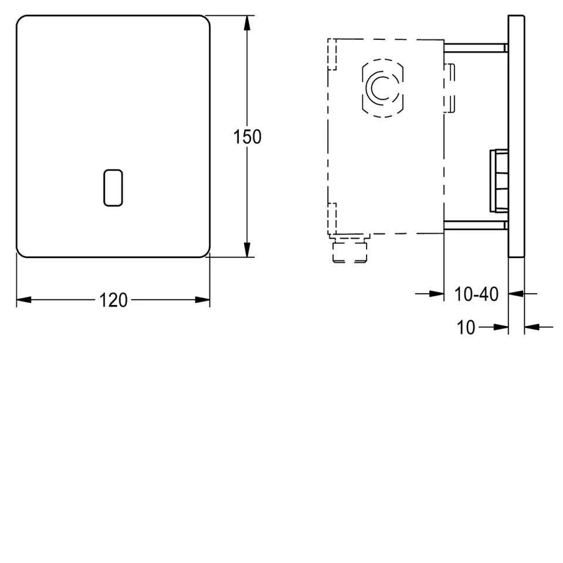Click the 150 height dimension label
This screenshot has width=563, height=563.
tap(247, 137)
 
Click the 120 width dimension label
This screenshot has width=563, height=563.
tap(113, 300)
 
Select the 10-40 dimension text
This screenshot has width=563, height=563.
tap(476, 294)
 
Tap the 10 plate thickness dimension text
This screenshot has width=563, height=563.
tap(466, 327)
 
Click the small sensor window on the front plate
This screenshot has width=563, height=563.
tap(113, 188)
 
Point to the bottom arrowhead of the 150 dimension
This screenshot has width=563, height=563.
tap(247, 249)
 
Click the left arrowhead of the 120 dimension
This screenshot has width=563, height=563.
tap(24, 300)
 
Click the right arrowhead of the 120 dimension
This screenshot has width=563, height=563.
tap(202, 300)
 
